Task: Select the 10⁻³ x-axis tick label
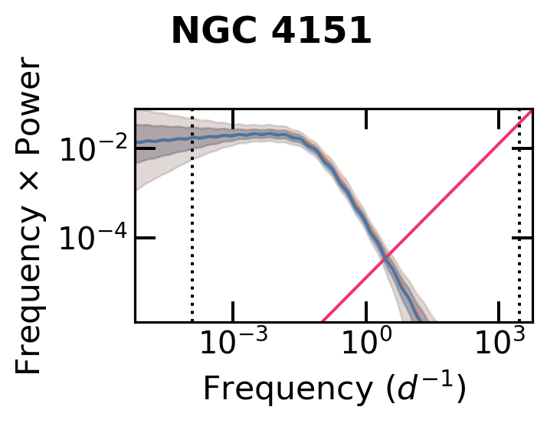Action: [232, 345]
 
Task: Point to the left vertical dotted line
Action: [192, 214]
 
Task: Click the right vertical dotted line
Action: [519, 214]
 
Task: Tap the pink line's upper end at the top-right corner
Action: [530, 112]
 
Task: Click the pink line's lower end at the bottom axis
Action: [323, 321]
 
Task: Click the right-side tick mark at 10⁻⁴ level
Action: [522, 238]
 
